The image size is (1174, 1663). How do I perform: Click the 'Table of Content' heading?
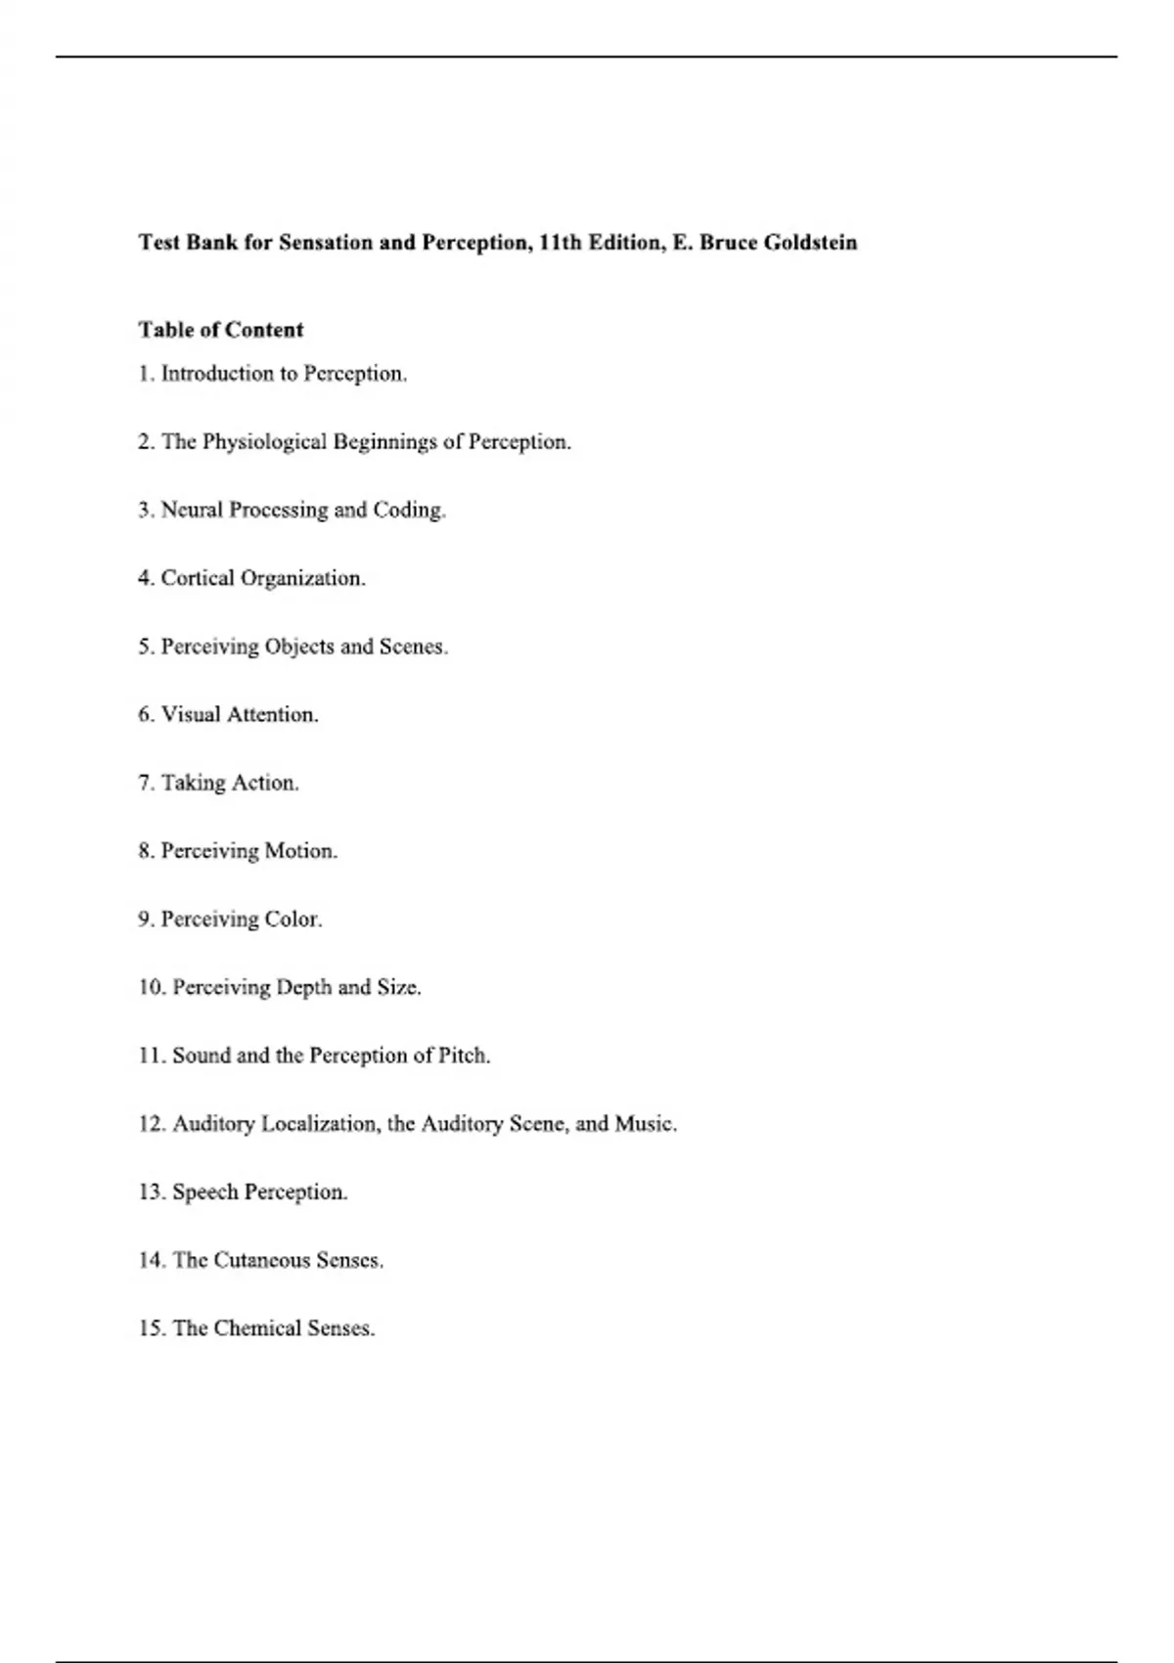[x=221, y=330]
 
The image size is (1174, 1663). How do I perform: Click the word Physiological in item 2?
[x=264, y=442]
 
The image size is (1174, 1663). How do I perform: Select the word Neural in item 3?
[x=192, y=510]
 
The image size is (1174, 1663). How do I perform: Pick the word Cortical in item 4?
[x=198, y=578]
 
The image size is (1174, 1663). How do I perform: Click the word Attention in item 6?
[x=273, y=715]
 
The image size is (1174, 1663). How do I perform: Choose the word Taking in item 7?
[x=194, y=783]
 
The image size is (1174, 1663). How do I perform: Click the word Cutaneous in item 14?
[x=261, y=1260]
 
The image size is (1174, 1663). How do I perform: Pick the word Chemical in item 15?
[x=257, y=1328]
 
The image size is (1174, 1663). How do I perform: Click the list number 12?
[x=151, y=1124]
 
